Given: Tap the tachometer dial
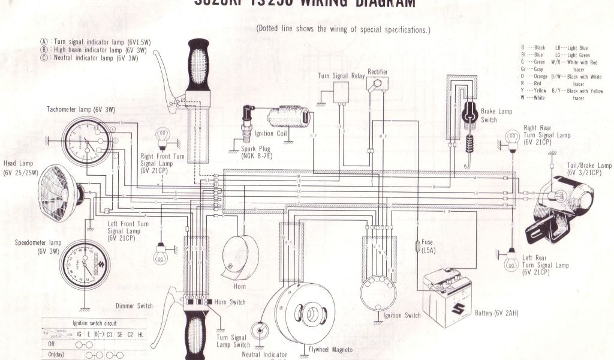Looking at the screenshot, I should (86, 142).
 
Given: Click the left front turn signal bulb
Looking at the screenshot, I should (160, 256).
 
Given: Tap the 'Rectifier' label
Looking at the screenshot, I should (377, 72).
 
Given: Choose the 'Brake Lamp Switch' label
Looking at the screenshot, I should (496, 115).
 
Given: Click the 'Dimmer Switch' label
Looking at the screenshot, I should (134, 305).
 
